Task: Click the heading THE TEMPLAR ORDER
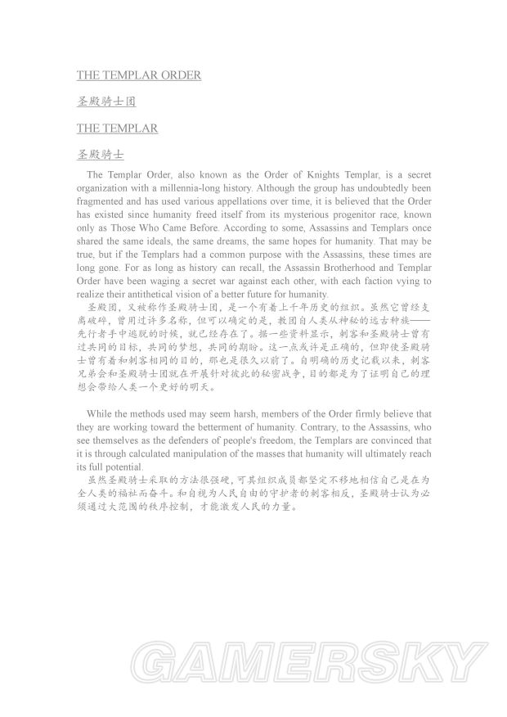(x=139, y=75)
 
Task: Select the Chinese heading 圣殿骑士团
(x=105, y=102)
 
